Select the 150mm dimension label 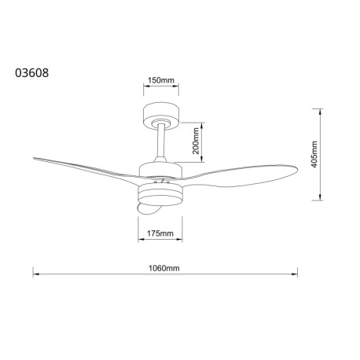[160, 80]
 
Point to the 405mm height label [313, 155]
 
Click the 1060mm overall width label [165, 267]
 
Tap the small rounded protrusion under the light [149, 210]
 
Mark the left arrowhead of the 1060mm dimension [34, 275]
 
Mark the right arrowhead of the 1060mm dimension [296, 275]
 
